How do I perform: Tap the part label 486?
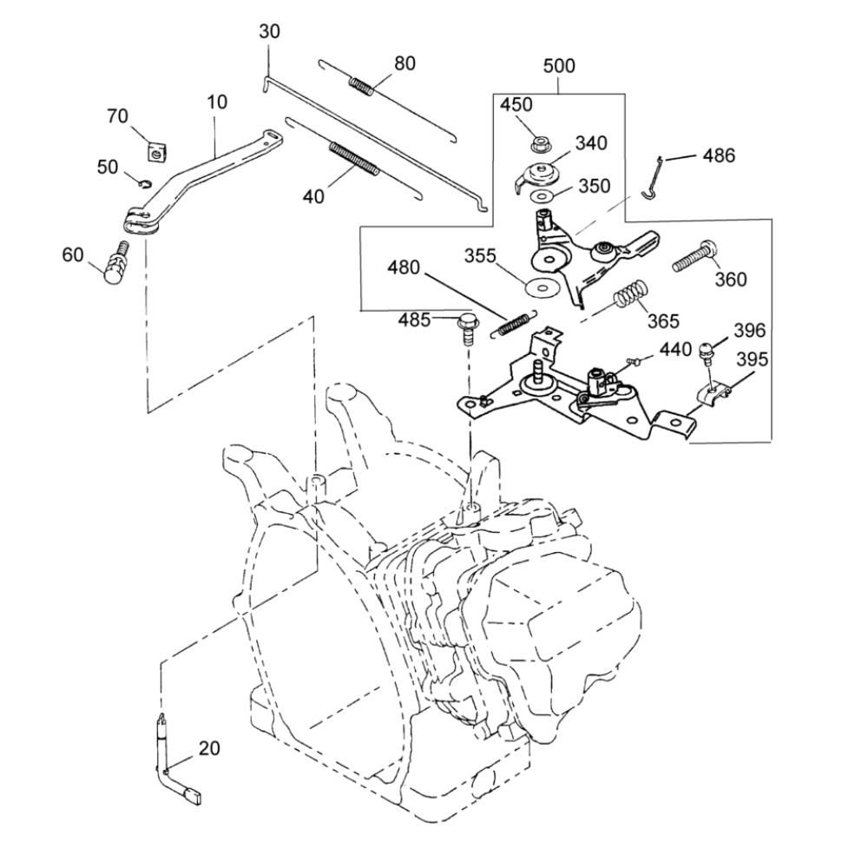(718, 155)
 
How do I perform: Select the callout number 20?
(209, 749)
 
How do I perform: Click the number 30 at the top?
(270, 33)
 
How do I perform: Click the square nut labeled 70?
(156, 153)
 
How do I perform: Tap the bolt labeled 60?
(113, 261)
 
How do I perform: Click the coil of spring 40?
(352, 161)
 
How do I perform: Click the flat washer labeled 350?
(544, 196)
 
